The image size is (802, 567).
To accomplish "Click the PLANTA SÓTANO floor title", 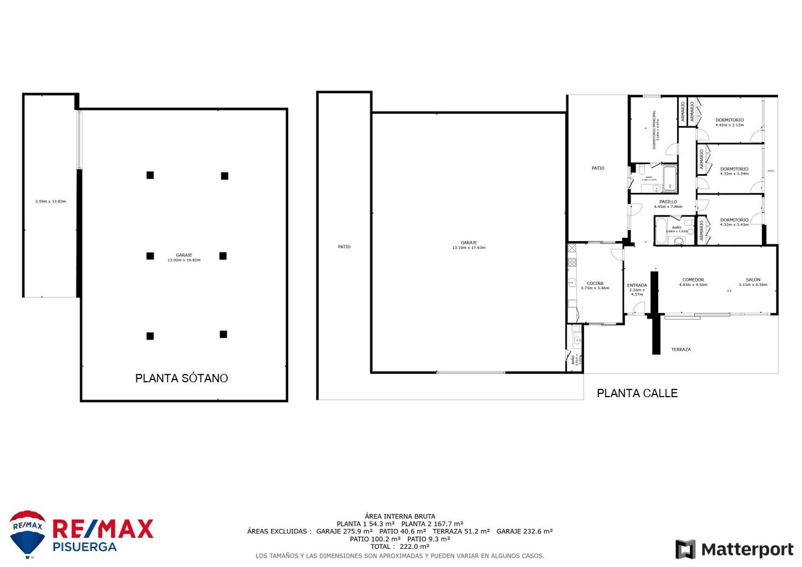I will pos(181,378).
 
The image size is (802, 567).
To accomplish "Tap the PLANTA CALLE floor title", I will pos(637,393).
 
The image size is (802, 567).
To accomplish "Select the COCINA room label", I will pos(595,283).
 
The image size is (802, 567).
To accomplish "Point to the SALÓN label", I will pos(753,279).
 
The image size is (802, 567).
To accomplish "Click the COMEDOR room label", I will pos(693,279).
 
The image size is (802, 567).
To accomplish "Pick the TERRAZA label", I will pos(681,349).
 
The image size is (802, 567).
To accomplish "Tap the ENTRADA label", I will pos(637,285).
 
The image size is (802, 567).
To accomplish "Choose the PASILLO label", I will pos(668,201).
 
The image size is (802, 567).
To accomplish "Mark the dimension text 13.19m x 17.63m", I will pos(468,248).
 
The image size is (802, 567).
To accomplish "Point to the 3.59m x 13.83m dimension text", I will pos(50,201).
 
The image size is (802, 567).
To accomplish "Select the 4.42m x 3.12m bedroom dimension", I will pos(729,125).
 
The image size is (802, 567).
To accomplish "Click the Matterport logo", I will pos(734,549).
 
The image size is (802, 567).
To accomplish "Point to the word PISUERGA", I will pos(84,547).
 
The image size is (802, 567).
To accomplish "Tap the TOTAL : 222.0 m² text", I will pos(400,547).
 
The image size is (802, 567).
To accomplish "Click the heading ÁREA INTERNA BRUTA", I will pos(400,516).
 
